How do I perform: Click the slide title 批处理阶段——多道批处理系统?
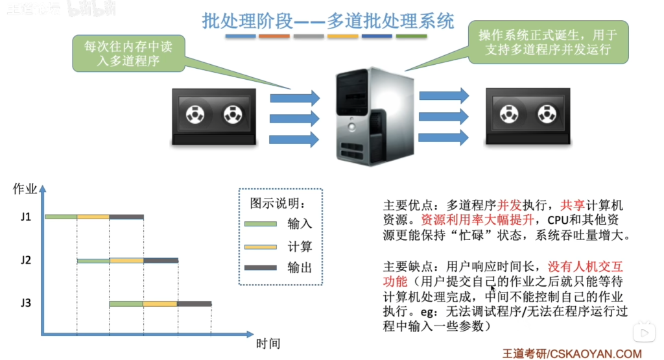pyautogui.click(x=327, y=21)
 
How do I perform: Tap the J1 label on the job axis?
pyautogui.click(x=26, y=217)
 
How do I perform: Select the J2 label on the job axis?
pyautogui.click(x=26, y=259)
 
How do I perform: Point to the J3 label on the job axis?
pyautogui.click(x=26, y=303)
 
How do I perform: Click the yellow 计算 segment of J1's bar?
pyautogui.click(x=93, y=217)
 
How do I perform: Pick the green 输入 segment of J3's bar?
pyautogui.click(x=126, y=304)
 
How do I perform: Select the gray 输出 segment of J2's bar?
pyautogui.click(x=161, y=261)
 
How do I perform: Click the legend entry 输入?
pyautogui.click(x=300, y=224)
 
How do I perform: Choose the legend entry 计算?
pyautogui.click(x=300, y=246)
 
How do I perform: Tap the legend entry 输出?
pyautogui.click(x=300, y=268)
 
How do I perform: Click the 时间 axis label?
pyautogui.click(x=268, y=344)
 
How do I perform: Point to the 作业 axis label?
pyautogui.click(x=25, y=189)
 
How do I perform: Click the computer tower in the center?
pyautogui.click(x=375, y=117)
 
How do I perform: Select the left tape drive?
pyautogui.click(x=214, y=117)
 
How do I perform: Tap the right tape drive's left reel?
pyautogui.click(x=509, y=114)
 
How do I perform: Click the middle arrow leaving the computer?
pyautogui.click(x=444, y=117)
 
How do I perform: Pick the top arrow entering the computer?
pyautogui.click(x=295, y=98)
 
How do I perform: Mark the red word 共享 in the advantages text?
pyautogui.click(x=573, y=206)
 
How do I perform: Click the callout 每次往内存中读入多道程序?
pyautogui.click(x=129, y=53)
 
